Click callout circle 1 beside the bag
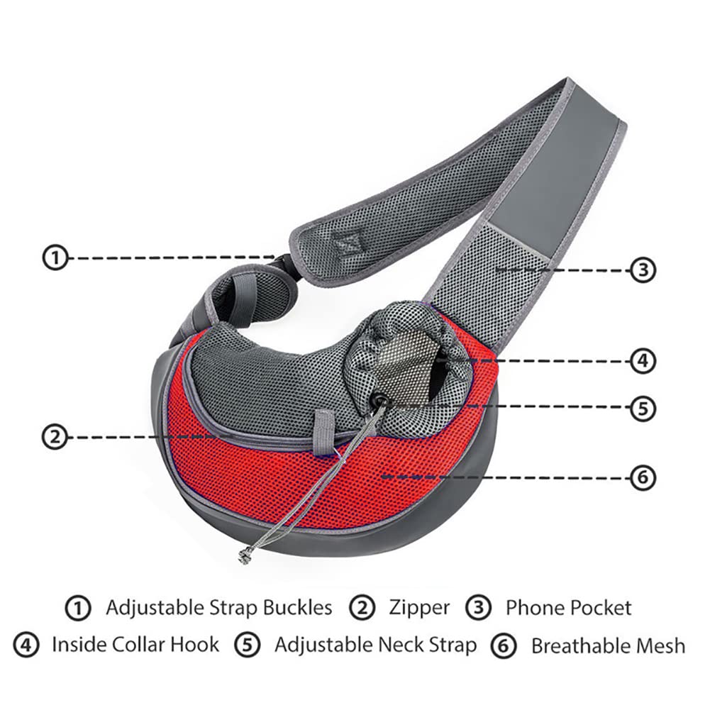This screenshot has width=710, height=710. (55, 257)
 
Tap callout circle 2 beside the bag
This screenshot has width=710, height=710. (55, 438)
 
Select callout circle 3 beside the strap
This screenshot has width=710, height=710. (643, 270)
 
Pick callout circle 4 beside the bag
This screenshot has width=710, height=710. (643, 361)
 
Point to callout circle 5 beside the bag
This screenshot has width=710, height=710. (643, 409)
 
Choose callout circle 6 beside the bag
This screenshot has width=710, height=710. (643, 478)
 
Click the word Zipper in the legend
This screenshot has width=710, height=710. (419, 609)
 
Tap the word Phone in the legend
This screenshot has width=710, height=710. (534, 608)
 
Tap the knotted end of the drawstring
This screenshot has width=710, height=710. (245, 555)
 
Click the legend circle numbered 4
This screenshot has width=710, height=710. (26, 645)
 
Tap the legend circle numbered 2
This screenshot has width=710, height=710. (362, 608)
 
